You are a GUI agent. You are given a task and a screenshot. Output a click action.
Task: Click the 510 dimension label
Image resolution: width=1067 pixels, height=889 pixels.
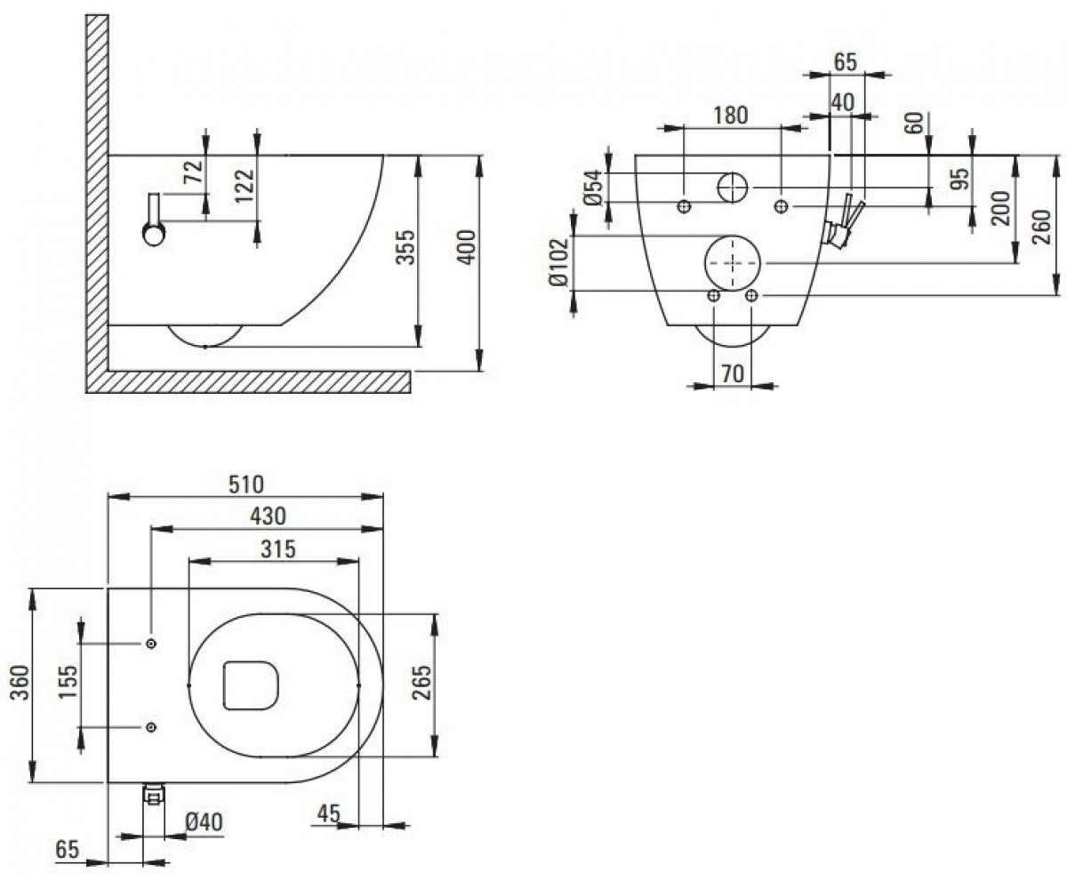coord(245,485)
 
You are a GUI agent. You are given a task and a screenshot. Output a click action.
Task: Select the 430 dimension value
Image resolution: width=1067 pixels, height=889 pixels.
coord(268,516)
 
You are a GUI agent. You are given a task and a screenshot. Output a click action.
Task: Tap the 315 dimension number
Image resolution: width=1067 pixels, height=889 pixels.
coord(278,549)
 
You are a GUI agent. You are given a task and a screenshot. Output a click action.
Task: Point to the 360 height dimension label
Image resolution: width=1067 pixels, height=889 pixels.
coord(20,682)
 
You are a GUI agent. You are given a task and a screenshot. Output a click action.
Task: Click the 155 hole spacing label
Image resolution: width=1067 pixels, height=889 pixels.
coord(68,682)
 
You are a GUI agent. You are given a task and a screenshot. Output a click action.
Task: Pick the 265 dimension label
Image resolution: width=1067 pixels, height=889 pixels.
coord(422,682)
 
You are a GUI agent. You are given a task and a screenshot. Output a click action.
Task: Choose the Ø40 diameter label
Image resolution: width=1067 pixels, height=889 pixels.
coord(204,822)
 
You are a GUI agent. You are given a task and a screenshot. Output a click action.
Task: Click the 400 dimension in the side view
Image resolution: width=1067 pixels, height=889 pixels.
coord(466,248)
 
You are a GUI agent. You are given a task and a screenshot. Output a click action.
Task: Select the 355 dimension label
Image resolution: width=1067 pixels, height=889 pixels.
coord(406,247)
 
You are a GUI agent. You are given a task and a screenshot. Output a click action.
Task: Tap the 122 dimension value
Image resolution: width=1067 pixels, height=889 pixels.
coord(245,186)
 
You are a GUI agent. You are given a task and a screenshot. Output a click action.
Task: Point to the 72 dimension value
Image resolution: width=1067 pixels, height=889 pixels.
coord(194,172)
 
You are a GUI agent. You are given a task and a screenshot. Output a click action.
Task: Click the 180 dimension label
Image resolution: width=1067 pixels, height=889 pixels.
coord(731,116)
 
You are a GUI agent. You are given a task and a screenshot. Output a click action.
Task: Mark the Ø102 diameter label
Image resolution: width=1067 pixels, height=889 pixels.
coord(558,262)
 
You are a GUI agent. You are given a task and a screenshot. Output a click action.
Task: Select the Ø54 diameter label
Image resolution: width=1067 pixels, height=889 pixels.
coord(594,188)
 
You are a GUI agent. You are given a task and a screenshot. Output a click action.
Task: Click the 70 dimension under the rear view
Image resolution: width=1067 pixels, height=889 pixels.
coord(733,374)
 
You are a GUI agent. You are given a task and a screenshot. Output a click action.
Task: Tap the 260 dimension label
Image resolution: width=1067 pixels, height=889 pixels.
coord(1041,227)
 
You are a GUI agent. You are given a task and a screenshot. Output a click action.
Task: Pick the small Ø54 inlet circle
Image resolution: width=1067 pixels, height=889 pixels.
coord(719,188)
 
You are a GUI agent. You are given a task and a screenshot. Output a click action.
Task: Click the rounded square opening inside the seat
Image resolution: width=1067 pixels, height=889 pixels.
coord(252,685)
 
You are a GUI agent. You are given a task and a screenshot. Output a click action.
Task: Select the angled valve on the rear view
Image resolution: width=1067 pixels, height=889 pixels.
coord(843,223)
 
